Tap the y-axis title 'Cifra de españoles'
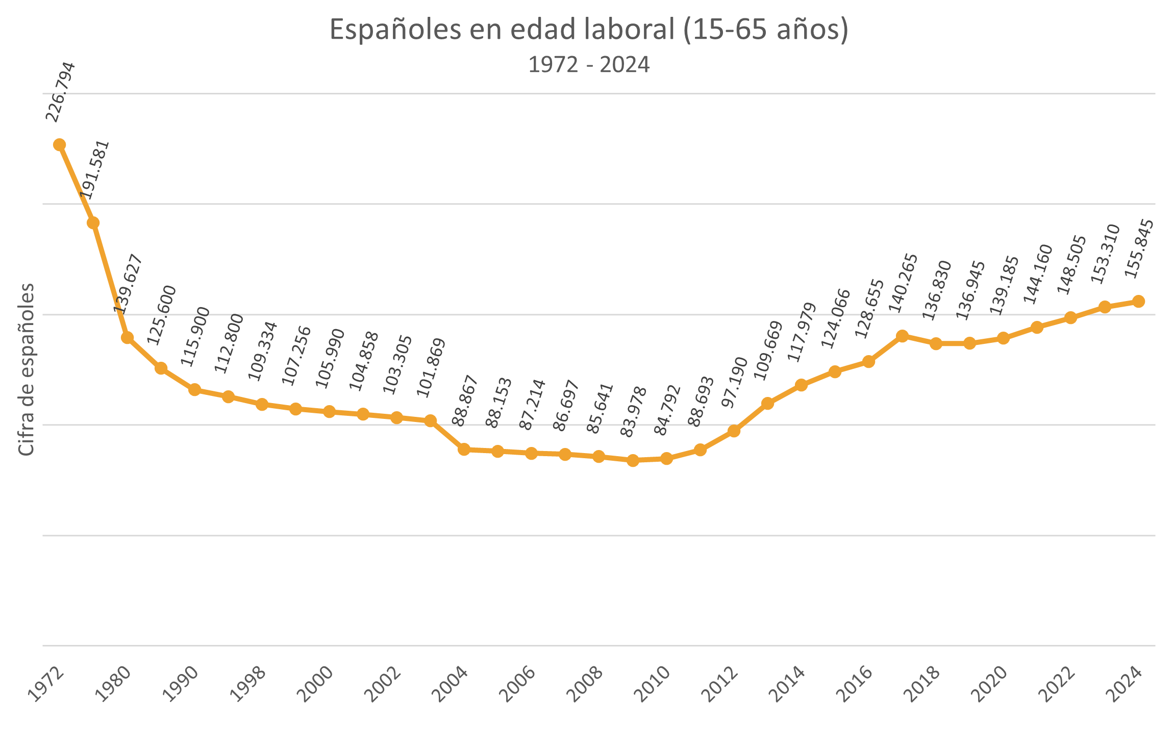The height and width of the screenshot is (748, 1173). coord(26,369)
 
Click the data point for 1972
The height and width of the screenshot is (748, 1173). coord(60,145)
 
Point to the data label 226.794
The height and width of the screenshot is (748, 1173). coord(60,92)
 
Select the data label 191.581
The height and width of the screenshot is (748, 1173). coord(95,170)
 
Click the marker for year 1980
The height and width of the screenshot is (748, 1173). coord(127,338)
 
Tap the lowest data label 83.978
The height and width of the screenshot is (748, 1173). coord(633,412)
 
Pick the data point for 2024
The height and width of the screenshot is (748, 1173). coord(1138,302)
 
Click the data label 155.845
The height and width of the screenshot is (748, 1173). coord(1139,248)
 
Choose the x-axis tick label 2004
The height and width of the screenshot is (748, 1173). coord(453,684)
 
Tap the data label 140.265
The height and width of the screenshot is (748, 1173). coord(903,283)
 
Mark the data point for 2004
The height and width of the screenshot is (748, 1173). coord(464,450)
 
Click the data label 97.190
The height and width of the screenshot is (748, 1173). coord(734,382)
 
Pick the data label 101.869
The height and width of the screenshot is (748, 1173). coord(431,367)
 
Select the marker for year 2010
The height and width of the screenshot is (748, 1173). coord(666,459)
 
